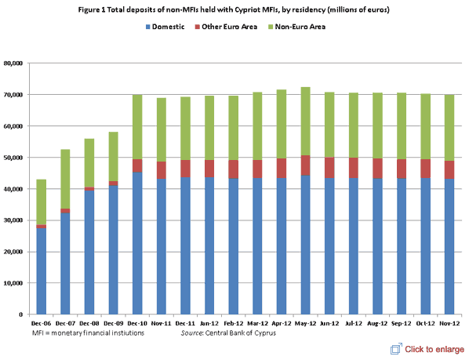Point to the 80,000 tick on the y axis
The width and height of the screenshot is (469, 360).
click(x=16, y=63)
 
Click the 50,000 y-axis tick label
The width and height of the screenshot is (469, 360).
click(x=16, y=158)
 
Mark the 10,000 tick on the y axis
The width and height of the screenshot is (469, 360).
click(x=16, y=283)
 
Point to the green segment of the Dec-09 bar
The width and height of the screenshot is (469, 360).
click(x=114, y=156)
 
